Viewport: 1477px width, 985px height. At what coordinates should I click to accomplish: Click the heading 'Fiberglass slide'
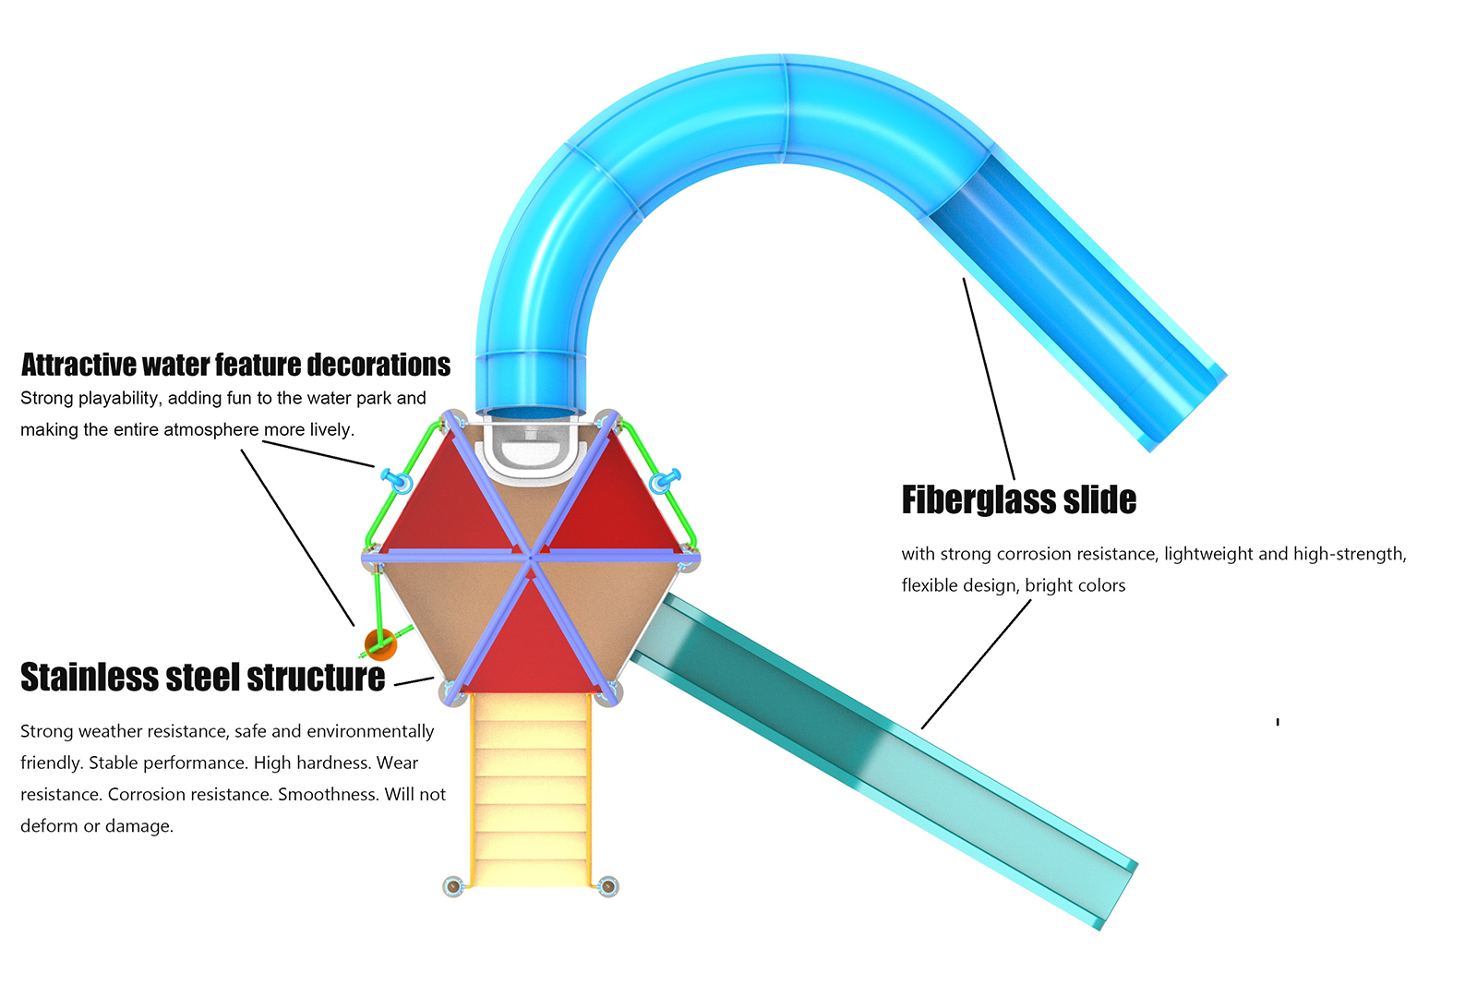pyautogui.click(x=1019, y=499)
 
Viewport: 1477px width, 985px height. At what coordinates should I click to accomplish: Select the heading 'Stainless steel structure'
pyautogui.click(x=202, y=677)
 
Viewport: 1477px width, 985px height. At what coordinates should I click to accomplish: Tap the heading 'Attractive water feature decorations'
pyautogui.click(x=235, y=365)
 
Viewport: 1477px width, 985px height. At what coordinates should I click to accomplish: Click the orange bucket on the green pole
pyautogui.click(x=380, y=644)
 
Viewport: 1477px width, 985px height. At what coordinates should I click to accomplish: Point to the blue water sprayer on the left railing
pyautogui.click(x=397, y=481)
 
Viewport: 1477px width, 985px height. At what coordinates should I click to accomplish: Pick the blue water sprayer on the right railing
pyautogui.click(x=664, y=481)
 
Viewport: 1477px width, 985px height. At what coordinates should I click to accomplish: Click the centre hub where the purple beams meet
pyautogui.click(x=531, y=558)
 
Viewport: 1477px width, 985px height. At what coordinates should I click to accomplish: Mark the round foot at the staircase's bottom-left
pyautogui.click(x=453, y=886)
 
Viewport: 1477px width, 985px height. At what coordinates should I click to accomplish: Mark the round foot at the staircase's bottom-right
pyautogui.click(x=607, y=886)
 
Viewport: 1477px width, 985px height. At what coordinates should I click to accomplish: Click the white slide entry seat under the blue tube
pyautogui.click(x=531, y=451)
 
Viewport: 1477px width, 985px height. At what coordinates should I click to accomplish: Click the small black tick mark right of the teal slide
pyautogui.click(x=1278, y=722)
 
